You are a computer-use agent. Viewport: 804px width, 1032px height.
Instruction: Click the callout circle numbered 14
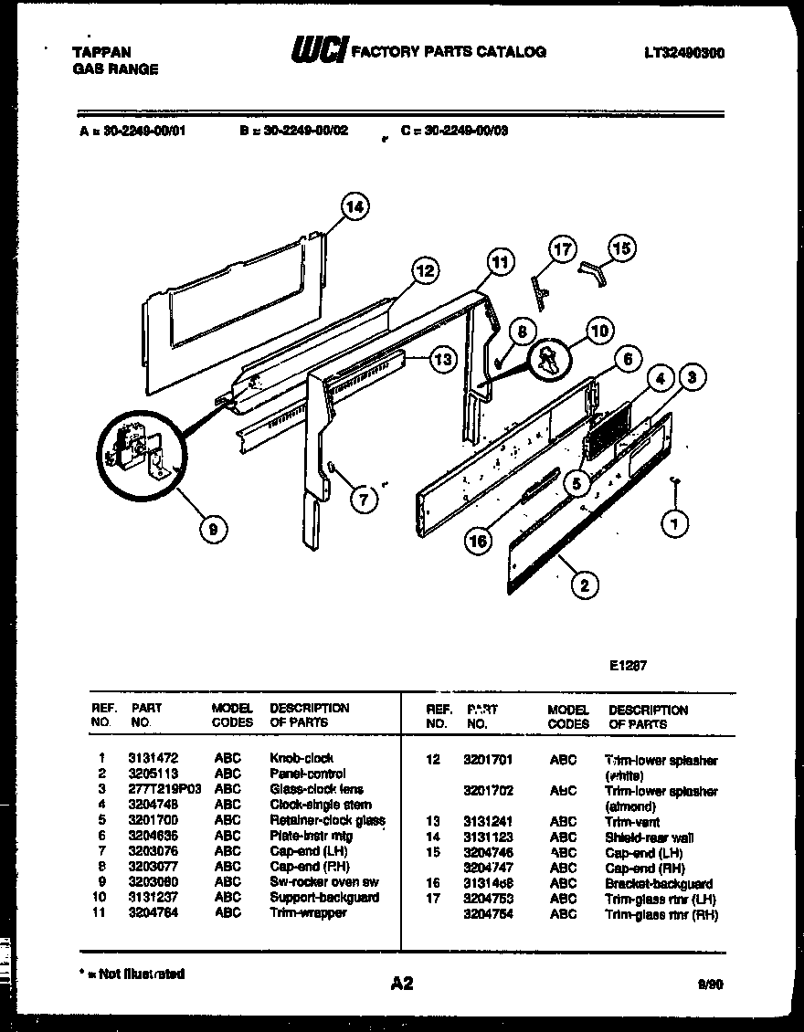pyautogui.click(x=354, y=208)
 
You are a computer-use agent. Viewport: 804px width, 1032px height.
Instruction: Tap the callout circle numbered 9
pyautogui.click(x=213, y=528)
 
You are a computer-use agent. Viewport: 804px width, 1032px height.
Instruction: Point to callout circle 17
pyautogui.click(x=563, y=249)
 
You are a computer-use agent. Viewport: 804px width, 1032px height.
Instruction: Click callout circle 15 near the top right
pyautogui.click(x=621, y=247)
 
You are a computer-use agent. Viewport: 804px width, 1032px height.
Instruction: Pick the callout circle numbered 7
pyautogui.click(x=363, y=499)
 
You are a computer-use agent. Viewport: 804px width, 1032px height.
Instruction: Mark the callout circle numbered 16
pyautogui.click(x=477, y=541)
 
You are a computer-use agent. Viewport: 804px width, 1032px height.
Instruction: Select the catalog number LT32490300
pyautogui.click(x=683, y=53)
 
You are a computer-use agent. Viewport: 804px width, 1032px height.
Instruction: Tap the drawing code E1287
pyautogui.click(x=628, y=666)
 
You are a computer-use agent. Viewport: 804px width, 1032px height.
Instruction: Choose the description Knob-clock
pyautogui.click(x=301, y=758)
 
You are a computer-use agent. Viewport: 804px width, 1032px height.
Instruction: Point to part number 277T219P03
pyautogui.click(x=165, y=789)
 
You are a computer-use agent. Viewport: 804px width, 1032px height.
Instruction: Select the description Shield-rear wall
pyautogui.click(x=649, y=837)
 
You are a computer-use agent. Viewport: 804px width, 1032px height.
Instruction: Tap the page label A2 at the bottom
pyautogui.click(x=402, y=983)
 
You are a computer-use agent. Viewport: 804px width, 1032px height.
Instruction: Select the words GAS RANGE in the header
pyautogui.click(x=114, y=69)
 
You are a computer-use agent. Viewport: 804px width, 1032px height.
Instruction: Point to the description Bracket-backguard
pyautogui.click(x=659, y=884)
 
